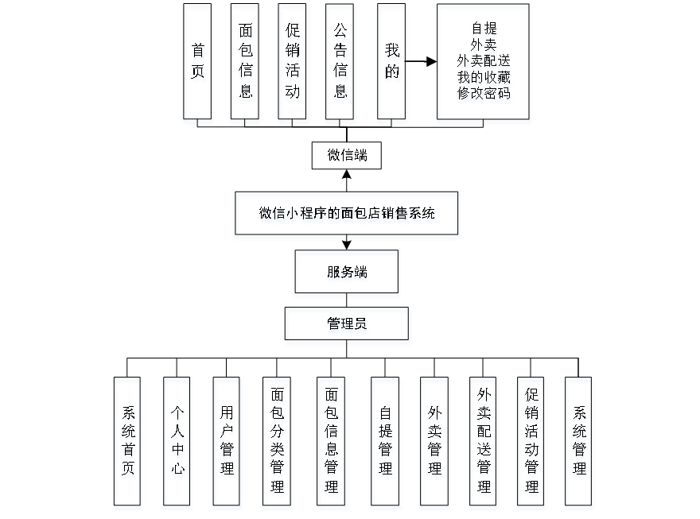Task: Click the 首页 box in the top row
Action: tap(198, 64)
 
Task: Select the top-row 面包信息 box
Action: tap(246, 64)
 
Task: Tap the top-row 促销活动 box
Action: tap(294, 64)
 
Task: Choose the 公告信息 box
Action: tap(340, 64)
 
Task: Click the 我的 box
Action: tap(393, 64)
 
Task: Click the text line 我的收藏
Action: tap(484, 79)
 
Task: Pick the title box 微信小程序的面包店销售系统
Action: tap(348, 215)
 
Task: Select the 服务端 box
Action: tap(348, 274)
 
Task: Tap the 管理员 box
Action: tap(348, 326)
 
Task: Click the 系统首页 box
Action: tap(129, 443)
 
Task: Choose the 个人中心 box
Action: tap(177, 443)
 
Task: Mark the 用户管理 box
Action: tap(227, 443)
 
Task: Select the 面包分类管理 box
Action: tap(277, 443)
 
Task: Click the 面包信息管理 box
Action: tap(332, 443)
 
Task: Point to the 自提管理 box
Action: tap(386, 443)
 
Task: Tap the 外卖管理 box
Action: tap(434, 443)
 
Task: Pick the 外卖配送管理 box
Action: tap(484, 443)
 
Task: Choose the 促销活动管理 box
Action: tap(532, 443)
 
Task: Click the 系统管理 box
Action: tap(580, 443)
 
